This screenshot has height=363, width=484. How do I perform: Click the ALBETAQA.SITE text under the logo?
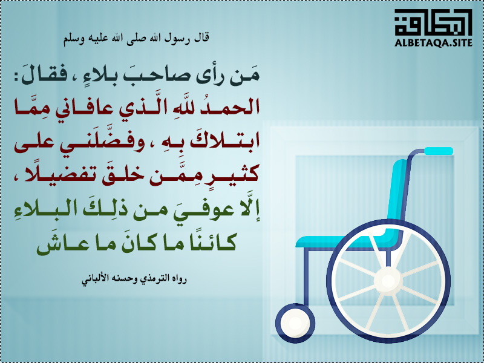point(433,43)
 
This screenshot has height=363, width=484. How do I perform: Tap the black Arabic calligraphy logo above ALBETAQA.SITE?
point(433,22)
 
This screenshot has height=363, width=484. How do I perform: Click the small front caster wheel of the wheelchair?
point(295,323)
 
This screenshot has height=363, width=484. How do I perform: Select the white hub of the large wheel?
point(388,281)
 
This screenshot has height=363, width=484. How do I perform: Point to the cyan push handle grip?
point(439,151)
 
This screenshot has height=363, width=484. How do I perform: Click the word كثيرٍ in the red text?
point(238,174)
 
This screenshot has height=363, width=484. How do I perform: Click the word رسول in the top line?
point(176,38)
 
